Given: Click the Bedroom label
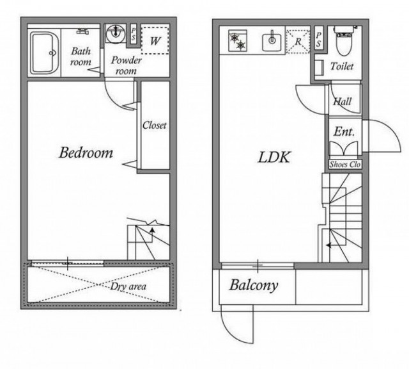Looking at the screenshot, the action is (86, 152).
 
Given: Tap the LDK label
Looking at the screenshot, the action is (274, 158).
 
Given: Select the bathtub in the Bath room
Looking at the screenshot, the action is (44, 53).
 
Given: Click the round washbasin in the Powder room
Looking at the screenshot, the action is (115, 33).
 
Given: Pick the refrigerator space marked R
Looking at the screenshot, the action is (298, 42).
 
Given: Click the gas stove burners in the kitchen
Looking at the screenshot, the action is (238, 41).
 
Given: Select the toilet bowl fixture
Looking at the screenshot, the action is (344, 40).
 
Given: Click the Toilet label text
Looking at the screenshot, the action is (342, 66).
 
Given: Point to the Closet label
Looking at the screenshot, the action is (155, 126).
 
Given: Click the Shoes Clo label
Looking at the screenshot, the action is (345, 165).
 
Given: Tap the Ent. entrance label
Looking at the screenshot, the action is (344, 131).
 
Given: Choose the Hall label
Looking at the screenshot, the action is (343, 101).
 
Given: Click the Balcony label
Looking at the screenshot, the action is (254, 286).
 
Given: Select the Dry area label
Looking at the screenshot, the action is (128, 286).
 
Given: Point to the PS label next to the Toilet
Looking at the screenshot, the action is (318, 40).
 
